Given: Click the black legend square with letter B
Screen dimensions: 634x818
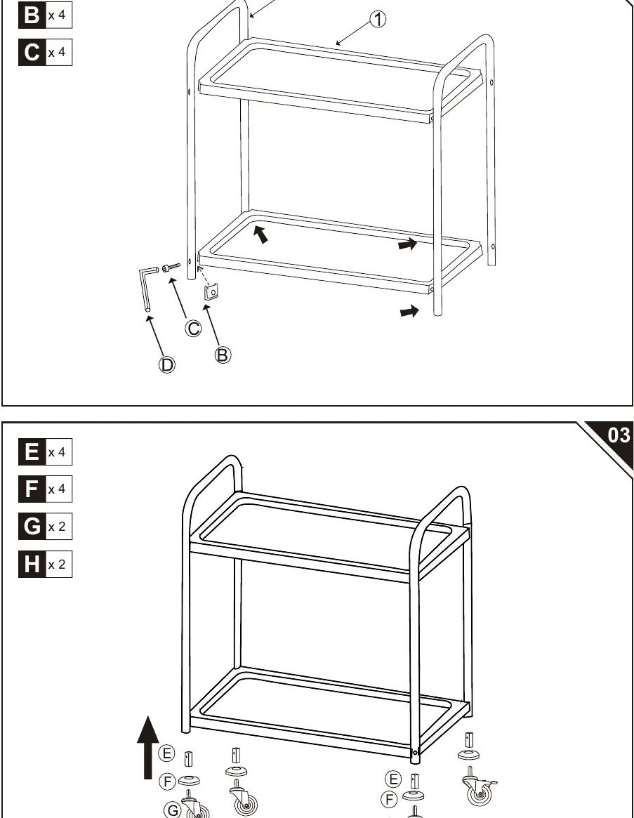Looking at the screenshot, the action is point(32,15).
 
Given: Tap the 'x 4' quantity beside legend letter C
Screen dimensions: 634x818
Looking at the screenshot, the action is point(57,52).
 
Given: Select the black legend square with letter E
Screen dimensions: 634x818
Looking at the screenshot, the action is point(32,451).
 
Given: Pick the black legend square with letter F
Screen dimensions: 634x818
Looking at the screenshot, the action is point(32,489).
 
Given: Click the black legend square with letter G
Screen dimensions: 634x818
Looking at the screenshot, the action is point(32,527).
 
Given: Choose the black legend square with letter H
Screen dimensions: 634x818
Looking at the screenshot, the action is point(32,564).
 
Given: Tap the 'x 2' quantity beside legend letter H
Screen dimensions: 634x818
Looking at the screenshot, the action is point(57,565).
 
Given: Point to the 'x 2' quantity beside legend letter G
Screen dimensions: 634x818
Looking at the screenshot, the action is point(57,527).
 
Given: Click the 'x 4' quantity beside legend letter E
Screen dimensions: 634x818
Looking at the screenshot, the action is point(57,452).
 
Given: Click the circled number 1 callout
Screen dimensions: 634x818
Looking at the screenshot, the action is point(378,20).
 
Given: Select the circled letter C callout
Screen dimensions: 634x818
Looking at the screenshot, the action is point(194,329).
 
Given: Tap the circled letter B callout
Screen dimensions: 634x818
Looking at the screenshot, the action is point(223,355).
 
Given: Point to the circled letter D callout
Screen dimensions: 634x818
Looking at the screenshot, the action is point(167,364).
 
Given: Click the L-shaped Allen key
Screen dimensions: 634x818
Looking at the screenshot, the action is point(147,287).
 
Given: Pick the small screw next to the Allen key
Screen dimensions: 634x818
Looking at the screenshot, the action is point(171,268).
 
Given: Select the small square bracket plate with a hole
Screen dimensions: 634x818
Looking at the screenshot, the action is point(211,291).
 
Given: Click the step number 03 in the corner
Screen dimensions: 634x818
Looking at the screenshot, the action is point(619,435).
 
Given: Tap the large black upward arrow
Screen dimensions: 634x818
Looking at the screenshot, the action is point(148,748).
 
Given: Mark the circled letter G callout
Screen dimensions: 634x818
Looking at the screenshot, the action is point(173,810).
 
